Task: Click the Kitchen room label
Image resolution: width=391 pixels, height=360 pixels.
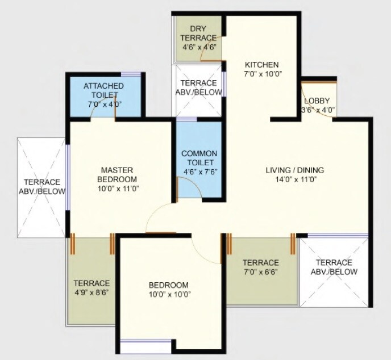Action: pyautogui.click(x=261, y=64)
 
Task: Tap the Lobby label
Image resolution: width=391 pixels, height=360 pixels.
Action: pyautogui.click(x=317, y=101)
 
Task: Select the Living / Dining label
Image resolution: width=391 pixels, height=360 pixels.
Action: pyautogui.click(x=294, y=170)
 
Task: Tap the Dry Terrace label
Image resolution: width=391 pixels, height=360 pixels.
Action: pyautogui.click(x=199, y=33)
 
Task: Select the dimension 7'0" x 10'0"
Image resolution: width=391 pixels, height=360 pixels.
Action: pyautogui.click(x=261, y=74)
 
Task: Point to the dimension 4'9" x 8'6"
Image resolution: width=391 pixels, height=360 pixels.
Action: pyautogui.click(x=91, y=293)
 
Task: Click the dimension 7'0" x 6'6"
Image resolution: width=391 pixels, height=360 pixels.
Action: pyautogui.click(x=260, y=273)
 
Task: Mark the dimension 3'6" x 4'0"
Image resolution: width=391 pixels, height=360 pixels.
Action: pyautogui.click(x=317, y=110)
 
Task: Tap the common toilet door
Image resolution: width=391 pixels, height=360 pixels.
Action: pyautogui.click(x=177, y=187)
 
